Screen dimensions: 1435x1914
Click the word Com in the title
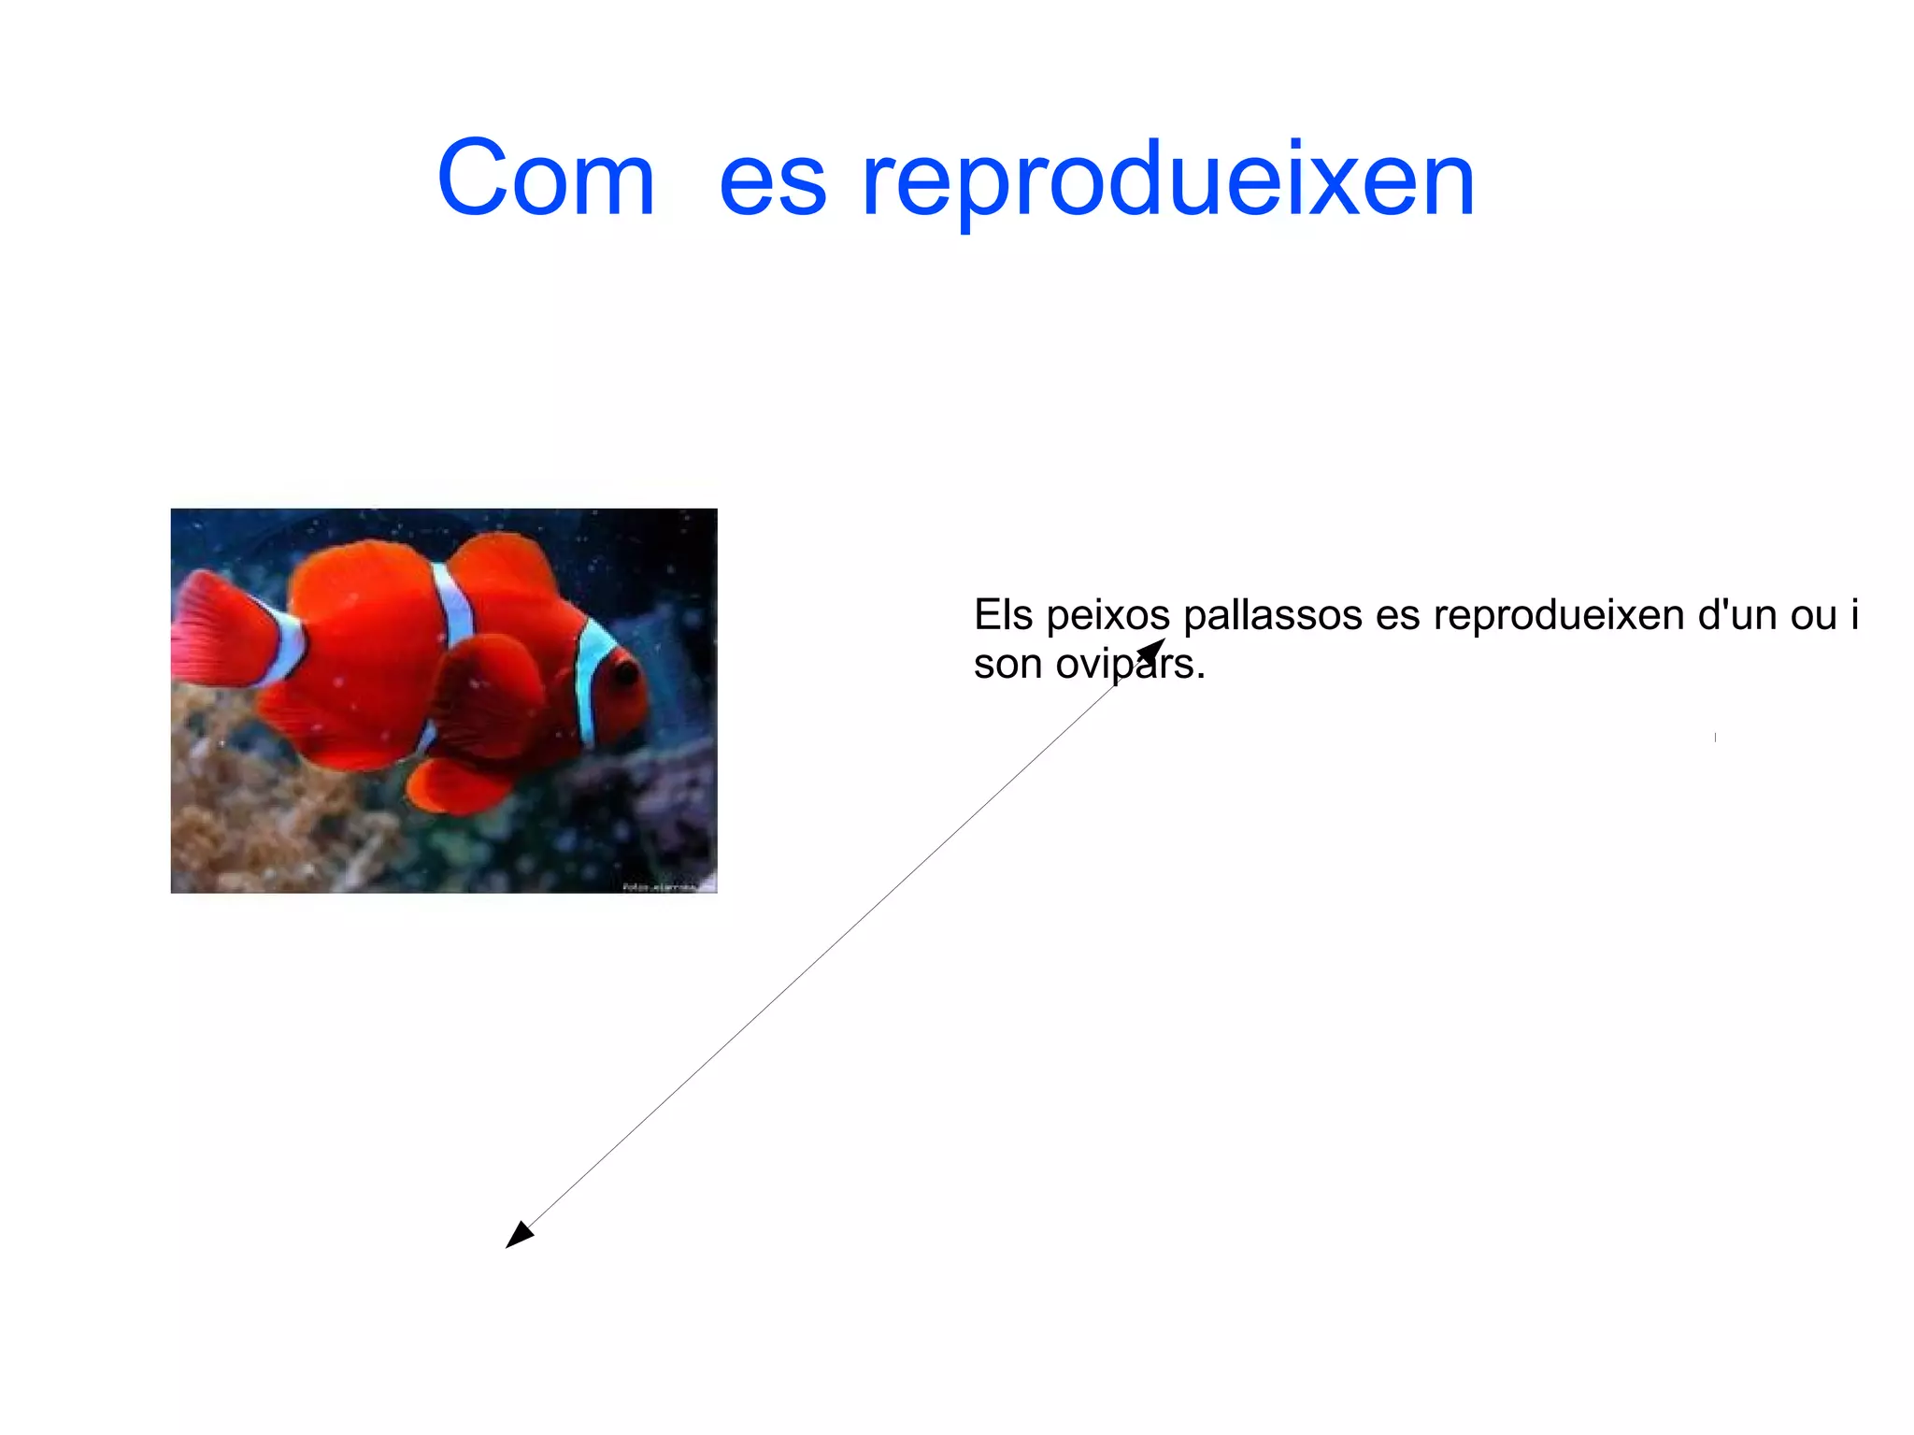point(546,179)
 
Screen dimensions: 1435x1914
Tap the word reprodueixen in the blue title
point(1167,181)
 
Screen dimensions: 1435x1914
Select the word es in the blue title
point(772,183)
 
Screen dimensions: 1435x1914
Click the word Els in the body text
point(1003,615)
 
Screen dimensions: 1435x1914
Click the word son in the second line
point(1007,666)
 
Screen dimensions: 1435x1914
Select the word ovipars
point(1130,666)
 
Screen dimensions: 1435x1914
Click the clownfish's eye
point(624,670)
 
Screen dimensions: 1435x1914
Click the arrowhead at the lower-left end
point(518,1236)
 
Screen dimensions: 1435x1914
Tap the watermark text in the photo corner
point(667,885)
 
